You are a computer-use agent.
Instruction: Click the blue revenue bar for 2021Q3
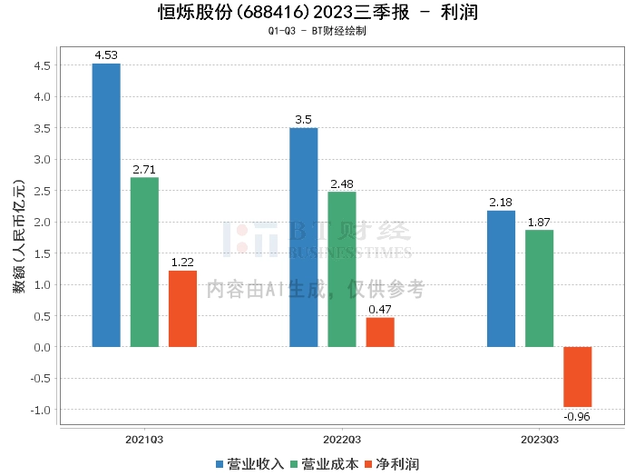(106, 205)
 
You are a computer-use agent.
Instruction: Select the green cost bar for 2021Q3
(144, 263)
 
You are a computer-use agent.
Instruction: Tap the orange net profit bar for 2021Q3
(182, 309)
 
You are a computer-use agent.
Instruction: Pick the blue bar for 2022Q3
(304, 238)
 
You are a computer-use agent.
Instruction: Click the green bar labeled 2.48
(342, 270)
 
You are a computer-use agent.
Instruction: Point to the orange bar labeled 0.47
(380, 332)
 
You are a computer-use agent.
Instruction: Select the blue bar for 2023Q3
(501, 279)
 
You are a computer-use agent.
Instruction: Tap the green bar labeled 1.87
(540, 289)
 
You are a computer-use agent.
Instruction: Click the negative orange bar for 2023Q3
(578, 377)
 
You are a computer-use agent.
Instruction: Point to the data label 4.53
(106, 55)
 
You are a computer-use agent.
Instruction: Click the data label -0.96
(577, 417)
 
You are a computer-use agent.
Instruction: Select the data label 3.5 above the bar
(303, 120)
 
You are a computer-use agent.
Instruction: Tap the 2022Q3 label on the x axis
(342, 440)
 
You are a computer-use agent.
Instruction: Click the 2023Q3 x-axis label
(540, 440)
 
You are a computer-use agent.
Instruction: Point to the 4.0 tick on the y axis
(42, 97)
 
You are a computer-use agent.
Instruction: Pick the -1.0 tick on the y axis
(41, 410)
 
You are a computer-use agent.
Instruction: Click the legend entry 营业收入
(249, 464)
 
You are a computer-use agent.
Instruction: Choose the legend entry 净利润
(392, 464)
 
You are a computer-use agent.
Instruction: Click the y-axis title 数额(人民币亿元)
(19, 236)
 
